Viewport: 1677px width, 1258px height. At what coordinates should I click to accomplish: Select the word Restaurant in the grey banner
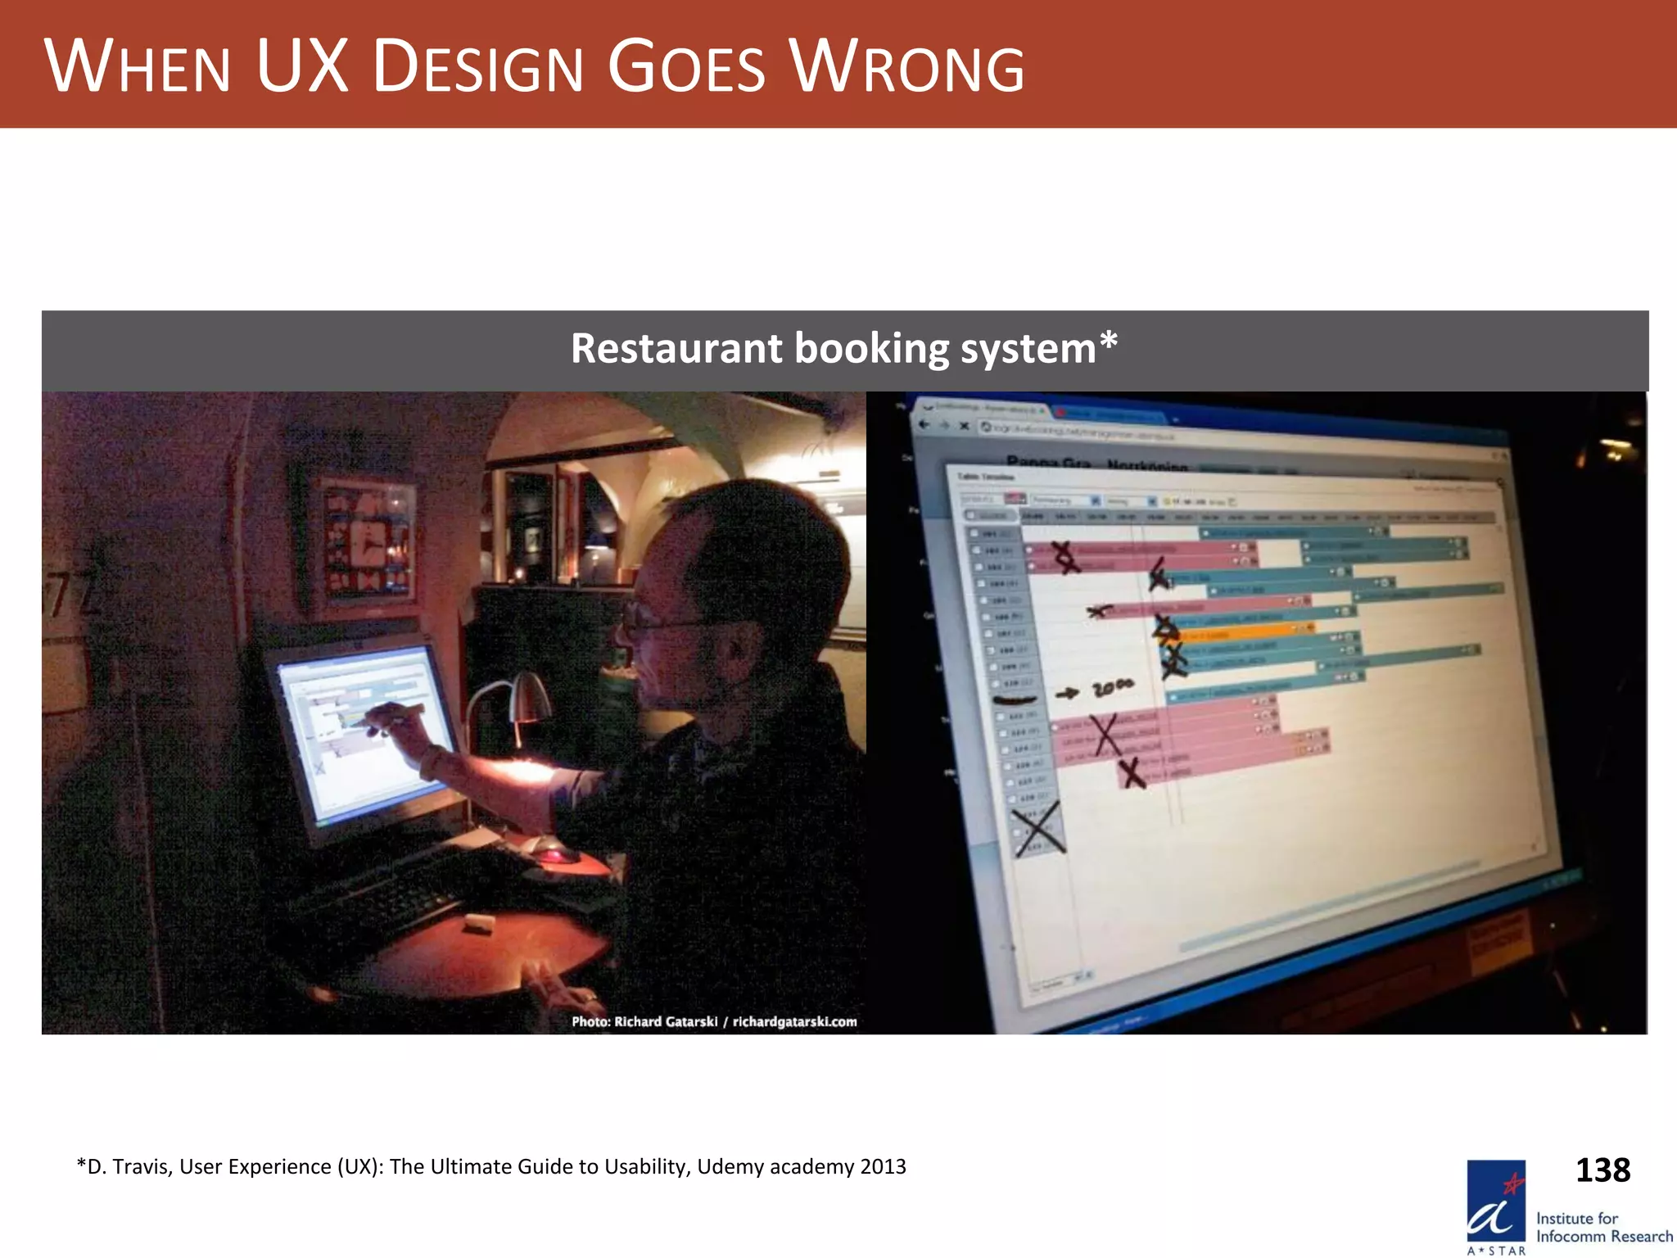[x=676, y=348]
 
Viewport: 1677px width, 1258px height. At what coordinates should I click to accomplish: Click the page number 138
[x=1602, y=1170]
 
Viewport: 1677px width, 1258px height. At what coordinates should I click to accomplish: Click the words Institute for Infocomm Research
[x=1602, y=1227]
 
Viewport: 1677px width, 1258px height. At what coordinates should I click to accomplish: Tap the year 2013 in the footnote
[x=883, y=1166]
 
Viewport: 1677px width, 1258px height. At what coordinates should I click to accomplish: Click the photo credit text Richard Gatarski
[x=666, y=1021]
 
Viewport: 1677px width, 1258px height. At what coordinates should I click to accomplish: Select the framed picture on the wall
[x=367, y=536]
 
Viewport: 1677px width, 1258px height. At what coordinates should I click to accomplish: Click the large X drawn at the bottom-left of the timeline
[x=1038, y=829]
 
